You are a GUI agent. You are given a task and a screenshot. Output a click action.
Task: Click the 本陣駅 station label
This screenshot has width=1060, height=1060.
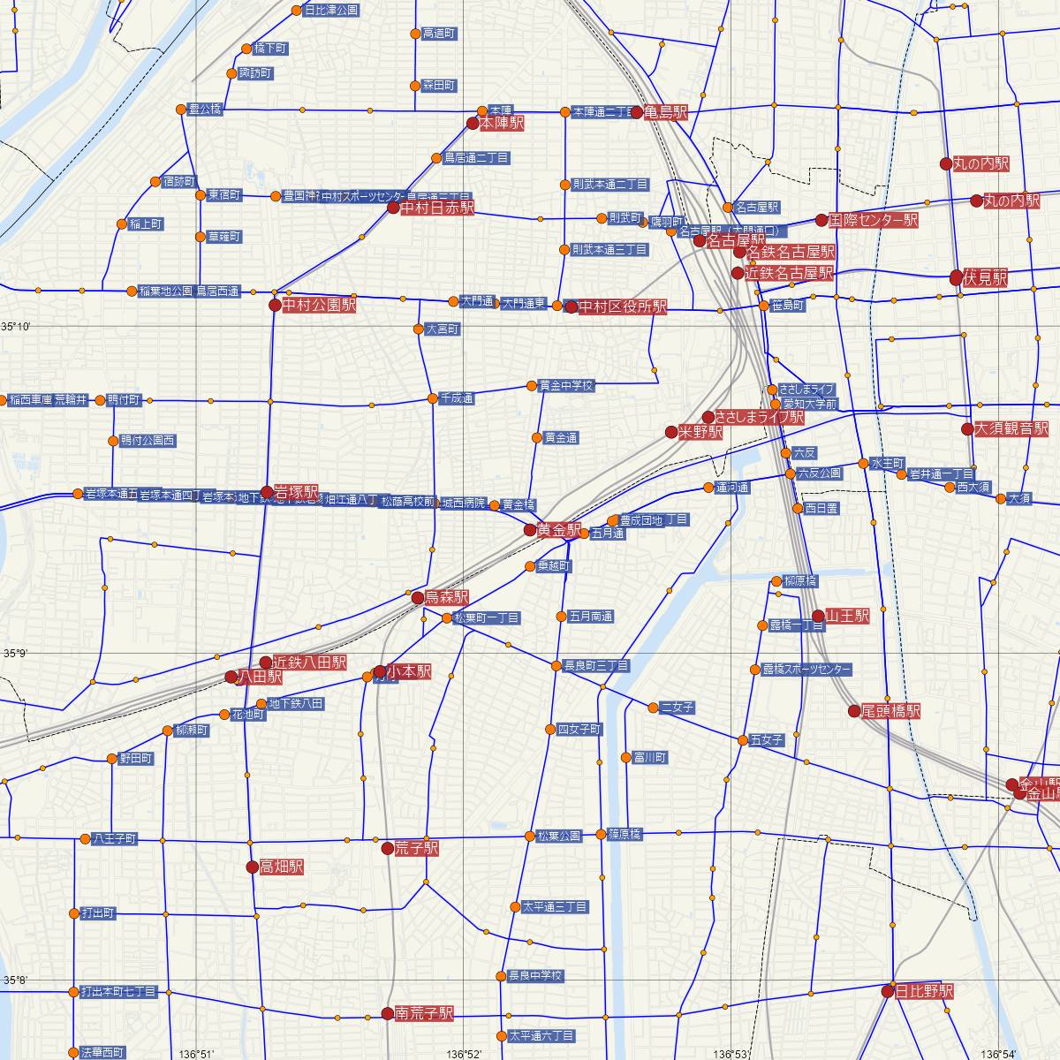(502, 125)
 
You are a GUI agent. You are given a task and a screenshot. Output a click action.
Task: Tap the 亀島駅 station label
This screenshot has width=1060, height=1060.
(667, 112)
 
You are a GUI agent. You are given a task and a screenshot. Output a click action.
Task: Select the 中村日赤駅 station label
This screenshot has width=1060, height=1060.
(437, 208)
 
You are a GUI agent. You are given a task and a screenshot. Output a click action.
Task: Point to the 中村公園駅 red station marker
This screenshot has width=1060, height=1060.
(275, 306)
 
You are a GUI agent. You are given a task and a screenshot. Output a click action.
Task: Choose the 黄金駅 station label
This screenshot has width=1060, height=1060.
(559, 530)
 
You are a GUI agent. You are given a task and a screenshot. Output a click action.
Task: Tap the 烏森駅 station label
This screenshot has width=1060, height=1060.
(447, 597)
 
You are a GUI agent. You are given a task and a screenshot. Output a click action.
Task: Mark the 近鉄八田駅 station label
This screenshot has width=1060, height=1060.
(309, 662)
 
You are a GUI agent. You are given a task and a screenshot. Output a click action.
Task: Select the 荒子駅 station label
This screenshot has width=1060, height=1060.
(416, 848)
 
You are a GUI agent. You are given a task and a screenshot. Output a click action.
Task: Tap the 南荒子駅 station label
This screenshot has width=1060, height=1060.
(424, 1013)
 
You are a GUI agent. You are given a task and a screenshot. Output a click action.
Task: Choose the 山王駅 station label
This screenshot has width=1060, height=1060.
(848, 615)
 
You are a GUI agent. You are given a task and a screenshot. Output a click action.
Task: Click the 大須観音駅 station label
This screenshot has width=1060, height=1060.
(1011, 429)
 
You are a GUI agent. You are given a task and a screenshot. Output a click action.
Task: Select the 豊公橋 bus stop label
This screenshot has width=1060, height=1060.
(205, 110)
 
